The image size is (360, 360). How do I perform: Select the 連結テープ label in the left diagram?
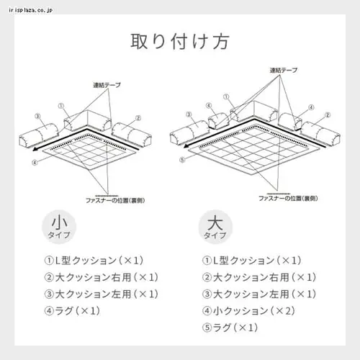[106, 85]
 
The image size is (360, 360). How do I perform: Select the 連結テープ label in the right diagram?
[284, 71]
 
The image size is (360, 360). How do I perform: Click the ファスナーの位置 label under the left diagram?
[105, 197]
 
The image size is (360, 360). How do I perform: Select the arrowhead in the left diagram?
[35, 148]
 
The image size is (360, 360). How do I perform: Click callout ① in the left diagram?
[61, 104]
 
